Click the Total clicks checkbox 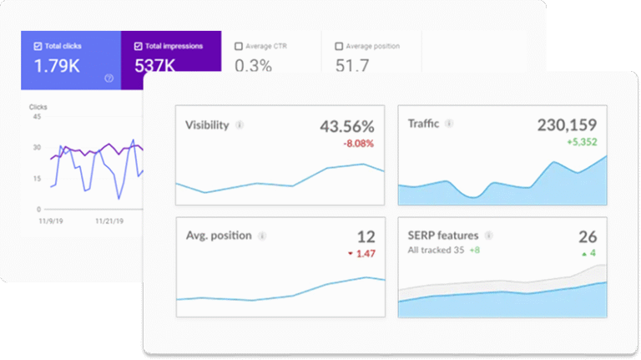(x=38, y=46)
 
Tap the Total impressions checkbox (x=138, y=46)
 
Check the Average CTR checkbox (x=240, y=46)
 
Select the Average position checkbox (x=339, y=46)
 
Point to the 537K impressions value (x=156, y=65)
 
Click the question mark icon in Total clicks (x=109, y=78)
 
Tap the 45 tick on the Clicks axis (x=36, y=117)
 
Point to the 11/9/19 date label (x=52, y=221)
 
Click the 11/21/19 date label (x=109, y=221)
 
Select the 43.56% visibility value (x=346, y=126)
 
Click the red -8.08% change (x=357, y=144)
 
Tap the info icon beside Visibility (x=240, y=125)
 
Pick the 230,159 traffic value (x=568, y=125)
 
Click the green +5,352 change (x=578, y=143)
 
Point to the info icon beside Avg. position (x=262, y=236)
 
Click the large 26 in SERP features (x=587, y=236)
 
